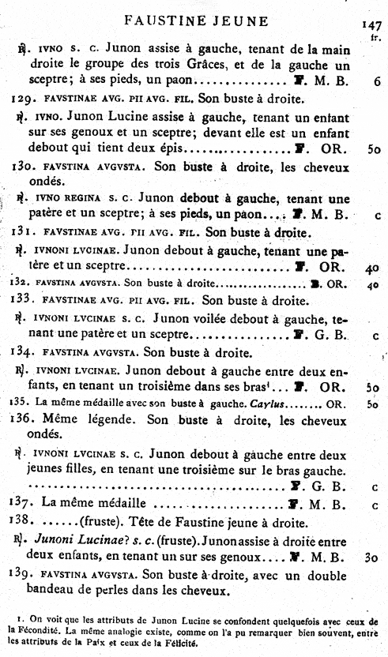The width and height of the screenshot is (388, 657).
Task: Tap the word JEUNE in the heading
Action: pyautogui.click(x=242, y=20)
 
